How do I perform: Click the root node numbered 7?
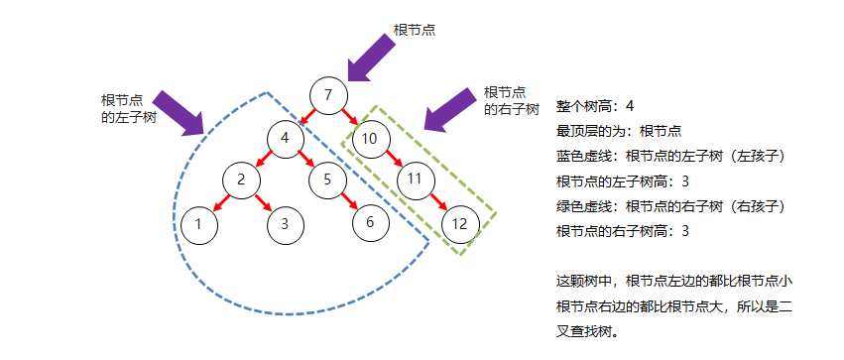tap(328, 95)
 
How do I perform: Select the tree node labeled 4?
tap(285, 139)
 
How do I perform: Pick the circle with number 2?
tap(241, 180)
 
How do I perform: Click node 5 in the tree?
tap(327, 180)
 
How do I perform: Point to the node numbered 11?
tap(416, 180)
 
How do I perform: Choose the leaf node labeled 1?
tap(198, 223)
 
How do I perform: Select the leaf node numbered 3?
tap(285, 223)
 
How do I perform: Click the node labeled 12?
tap(459, 223)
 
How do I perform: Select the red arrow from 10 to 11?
tap(393, 160)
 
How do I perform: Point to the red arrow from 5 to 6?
tap(349, 201)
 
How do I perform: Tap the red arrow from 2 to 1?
tap(220, 201)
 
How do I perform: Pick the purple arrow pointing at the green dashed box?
tap(451, 107)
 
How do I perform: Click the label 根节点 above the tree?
tap(415, 30)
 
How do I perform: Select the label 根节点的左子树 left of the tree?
tap(128, 109)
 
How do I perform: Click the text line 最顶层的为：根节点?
tap(617, 131)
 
